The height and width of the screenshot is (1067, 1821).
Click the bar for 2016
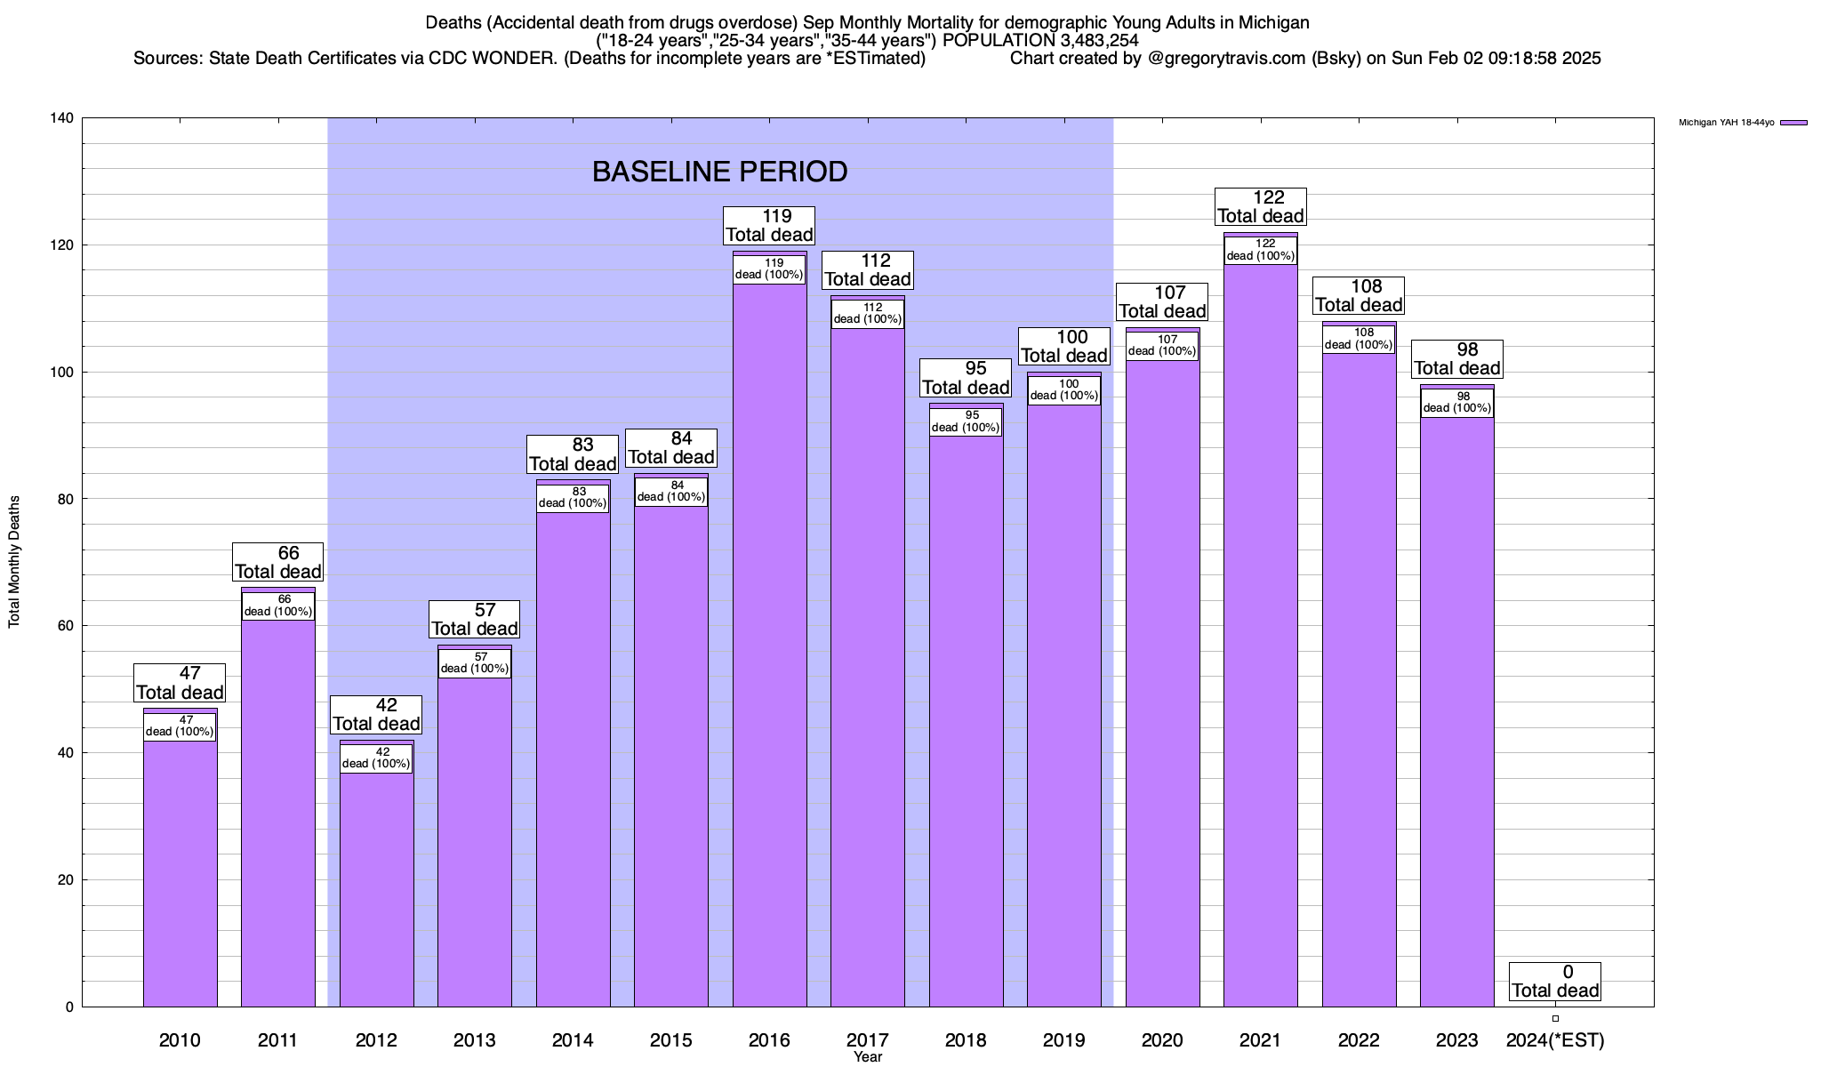tap(769, 640)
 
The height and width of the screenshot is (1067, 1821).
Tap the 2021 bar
tap(1261, 640)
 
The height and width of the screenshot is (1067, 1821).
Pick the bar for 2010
tap(180, 871)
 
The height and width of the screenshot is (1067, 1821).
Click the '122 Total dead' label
tap(1261, 206)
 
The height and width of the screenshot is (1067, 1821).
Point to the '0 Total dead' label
tap(1555, 981)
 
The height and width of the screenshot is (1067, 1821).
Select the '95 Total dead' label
tap(966, 378)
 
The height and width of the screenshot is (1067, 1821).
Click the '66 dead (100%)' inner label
tap(278, 606)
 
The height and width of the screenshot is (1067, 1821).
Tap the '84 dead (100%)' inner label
tap(671, 492)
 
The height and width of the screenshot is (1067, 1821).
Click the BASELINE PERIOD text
tap(719, 172)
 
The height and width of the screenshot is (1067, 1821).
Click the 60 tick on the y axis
tap(66, 626)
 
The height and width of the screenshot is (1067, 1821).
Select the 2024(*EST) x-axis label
tap(1555, 1040)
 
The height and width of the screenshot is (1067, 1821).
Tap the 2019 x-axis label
tap(1063, 1040)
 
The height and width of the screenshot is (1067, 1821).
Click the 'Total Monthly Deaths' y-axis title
tap(14, 562)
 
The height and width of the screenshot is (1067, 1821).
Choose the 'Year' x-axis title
tap(867, 1057)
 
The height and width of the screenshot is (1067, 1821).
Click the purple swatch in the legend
tap(1793, 123)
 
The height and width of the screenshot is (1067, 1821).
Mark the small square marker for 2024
tap(1555, 1018)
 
